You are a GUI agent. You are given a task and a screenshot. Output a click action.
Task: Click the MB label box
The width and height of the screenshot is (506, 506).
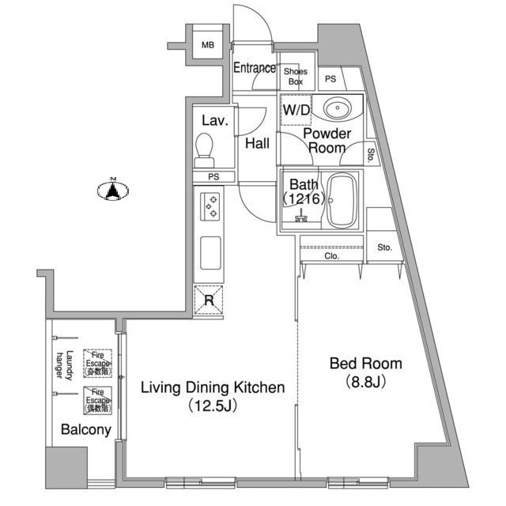coord(207,45)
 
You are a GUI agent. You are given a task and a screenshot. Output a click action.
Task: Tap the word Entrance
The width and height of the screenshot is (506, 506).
coord(254,68)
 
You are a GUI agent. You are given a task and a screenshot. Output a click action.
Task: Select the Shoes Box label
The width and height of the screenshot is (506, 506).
coord(296,76)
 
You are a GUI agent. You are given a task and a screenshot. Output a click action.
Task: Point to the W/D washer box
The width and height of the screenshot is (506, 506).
coord(296,110)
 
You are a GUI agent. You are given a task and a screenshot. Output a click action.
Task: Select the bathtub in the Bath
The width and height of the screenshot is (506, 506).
coord(342,199)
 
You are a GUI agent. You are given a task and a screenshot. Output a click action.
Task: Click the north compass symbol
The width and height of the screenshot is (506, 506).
coord(114,190)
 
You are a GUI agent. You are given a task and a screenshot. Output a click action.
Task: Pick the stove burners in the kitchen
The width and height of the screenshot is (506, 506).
coord(211,207)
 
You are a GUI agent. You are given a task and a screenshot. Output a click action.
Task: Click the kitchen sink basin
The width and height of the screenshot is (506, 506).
coord(211,254)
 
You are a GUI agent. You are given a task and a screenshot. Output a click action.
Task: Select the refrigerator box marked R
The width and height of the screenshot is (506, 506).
coord(209,300)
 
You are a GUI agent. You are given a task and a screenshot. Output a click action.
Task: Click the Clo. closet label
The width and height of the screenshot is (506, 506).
coord(331,256)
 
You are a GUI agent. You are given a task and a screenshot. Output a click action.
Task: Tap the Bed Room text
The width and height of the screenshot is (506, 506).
coord(365,364)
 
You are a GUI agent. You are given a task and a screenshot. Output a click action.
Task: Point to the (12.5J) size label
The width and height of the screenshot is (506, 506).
coord(213,406)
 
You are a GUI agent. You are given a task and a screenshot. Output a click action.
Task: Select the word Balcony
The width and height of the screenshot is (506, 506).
coord(85,431)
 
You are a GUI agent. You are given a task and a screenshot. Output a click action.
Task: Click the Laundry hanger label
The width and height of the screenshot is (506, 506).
coord(64,366)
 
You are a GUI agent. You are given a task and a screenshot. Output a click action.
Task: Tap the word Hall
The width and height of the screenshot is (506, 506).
coord(257,143)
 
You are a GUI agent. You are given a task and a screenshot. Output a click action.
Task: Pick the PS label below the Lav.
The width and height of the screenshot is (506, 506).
coord(213,176)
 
